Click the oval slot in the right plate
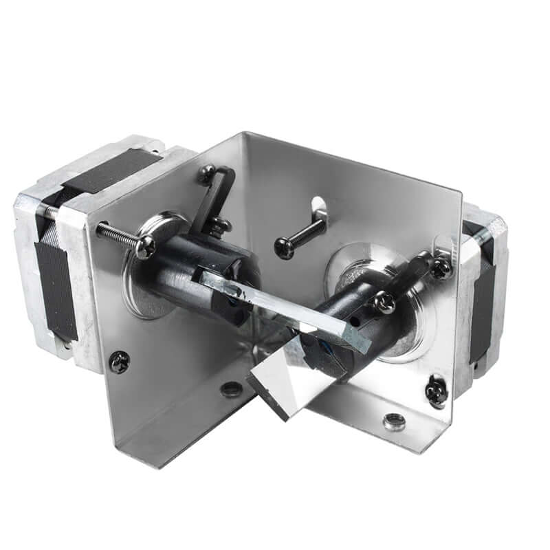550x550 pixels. click(318, 205)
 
